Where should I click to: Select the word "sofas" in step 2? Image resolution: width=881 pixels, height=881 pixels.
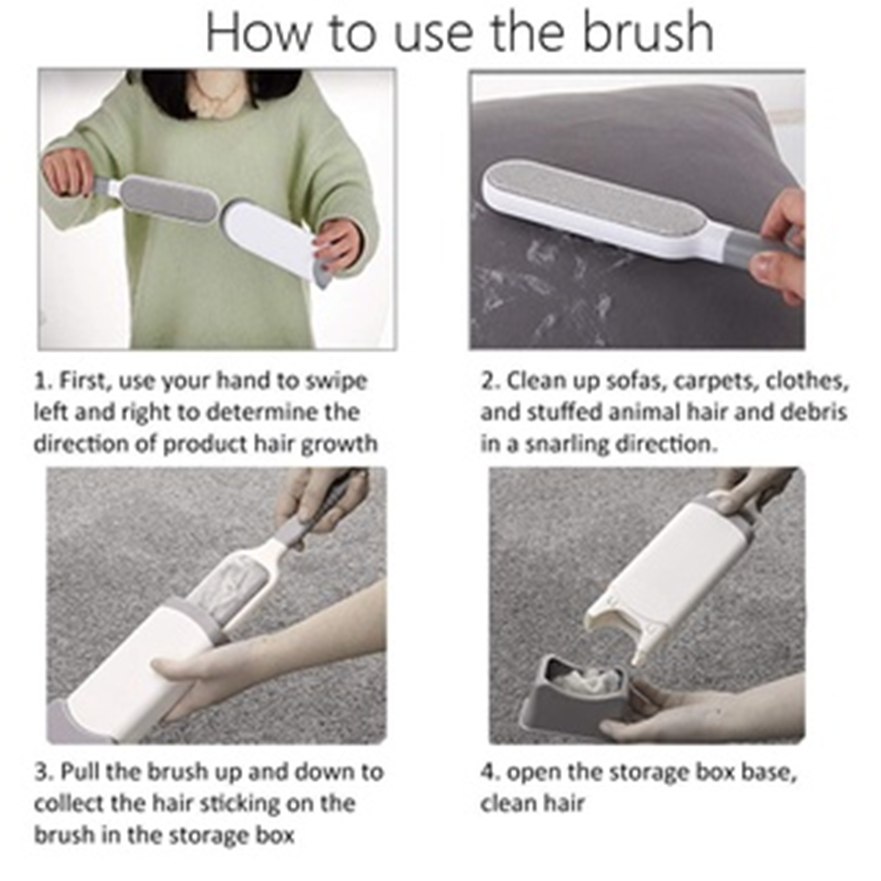(621, 382)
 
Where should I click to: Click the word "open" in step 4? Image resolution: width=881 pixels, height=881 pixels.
(540, 773)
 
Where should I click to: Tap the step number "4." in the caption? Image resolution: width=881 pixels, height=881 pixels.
(489, 773)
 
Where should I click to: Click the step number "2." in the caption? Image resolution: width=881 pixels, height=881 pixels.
(490, 382)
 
